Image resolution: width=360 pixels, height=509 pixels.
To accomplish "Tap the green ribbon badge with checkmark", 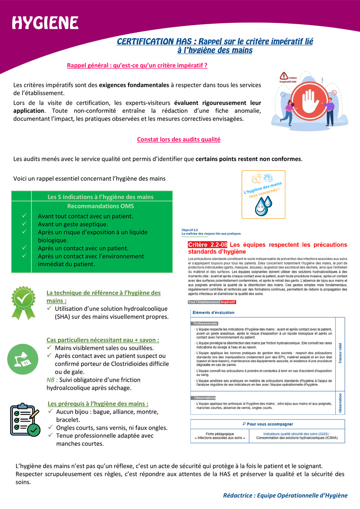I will [x=23, y=302].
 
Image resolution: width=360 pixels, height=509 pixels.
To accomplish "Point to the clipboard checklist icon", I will [x=25, y=420].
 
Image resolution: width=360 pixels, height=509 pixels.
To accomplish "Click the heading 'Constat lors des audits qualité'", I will [x=179, y=139].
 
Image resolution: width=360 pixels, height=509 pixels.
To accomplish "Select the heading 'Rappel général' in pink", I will [x=137, y=65].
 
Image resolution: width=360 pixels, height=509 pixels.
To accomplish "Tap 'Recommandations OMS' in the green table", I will [x=101, y=206].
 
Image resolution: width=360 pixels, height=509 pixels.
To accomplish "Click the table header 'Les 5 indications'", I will [x=101, y=196].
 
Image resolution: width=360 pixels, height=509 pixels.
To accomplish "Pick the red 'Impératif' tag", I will [x=228, y=302].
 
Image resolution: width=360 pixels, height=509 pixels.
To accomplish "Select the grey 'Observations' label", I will [x=204, y=398].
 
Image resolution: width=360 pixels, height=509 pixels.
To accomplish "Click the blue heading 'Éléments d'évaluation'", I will [x=213, y=313].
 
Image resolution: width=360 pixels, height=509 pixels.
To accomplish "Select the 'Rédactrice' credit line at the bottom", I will [x=285, y=495].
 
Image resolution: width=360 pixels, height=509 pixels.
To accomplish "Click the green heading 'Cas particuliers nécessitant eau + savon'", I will [x=103, y=340].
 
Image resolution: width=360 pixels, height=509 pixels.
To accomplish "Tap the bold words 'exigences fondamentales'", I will [x=134, y=85].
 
